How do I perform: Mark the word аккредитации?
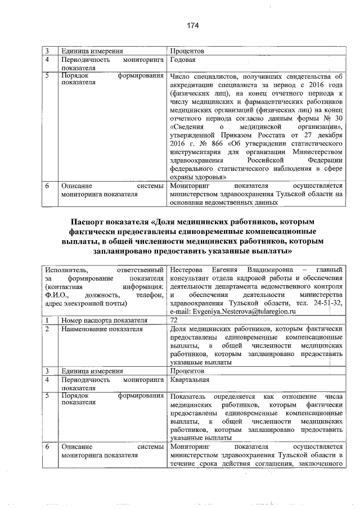(x=192, y=85)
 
